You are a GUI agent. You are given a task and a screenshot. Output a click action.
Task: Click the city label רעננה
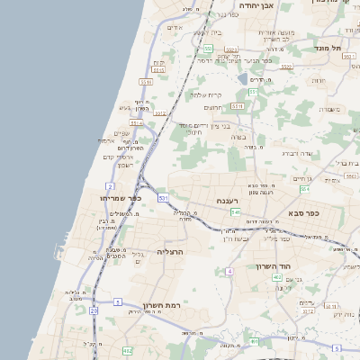click(226, 200)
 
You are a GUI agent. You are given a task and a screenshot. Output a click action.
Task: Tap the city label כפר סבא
click(309, 213)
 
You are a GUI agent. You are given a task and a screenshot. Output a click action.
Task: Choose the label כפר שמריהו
click(122, 197)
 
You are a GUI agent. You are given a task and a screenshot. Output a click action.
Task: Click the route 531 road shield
click(163, 196)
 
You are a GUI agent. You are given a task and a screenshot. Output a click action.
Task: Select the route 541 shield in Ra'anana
click(235, 212)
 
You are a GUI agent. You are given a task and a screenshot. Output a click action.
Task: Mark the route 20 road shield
click(93, 310)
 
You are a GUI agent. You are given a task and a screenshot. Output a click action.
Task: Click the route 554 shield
click(304, 189)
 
